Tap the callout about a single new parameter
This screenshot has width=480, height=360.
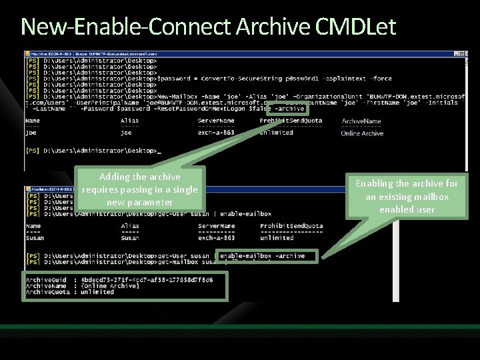(139, 189)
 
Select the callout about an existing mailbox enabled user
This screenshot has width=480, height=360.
(407, 196)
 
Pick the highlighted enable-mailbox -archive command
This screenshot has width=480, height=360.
(262, 256)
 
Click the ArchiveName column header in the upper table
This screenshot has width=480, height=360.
(361, 121)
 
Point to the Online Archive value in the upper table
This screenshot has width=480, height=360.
(362, 133)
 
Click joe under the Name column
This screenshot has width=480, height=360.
(31, 133)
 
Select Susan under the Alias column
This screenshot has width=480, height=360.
(131, 238)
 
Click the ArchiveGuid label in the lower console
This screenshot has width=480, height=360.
(46, 279)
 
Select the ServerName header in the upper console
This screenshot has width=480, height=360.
(216, 121)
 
